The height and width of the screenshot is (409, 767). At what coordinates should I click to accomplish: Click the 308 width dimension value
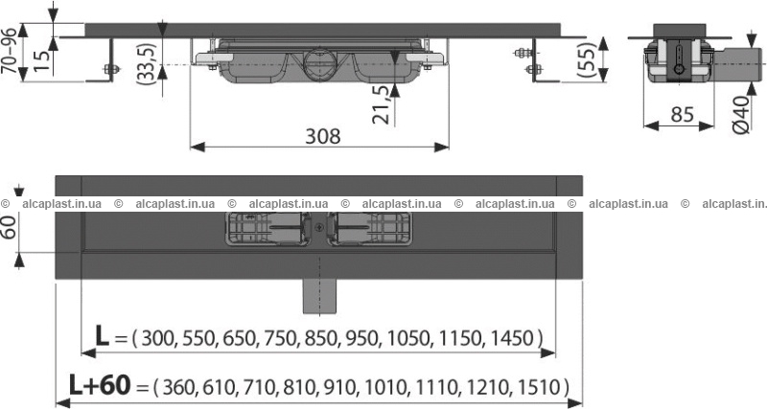(322, 136)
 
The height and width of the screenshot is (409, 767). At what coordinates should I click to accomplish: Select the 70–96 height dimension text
(10, 51)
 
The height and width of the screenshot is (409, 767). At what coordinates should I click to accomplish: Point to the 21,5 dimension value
(382, 104)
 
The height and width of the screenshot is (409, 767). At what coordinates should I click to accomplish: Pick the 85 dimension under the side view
(682, 115)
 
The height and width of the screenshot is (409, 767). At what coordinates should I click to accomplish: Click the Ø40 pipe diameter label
(741, 115)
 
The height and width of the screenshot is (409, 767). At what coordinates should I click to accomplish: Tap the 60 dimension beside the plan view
(9, 227)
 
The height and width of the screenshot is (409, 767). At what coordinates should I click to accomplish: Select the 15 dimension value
(42, 60)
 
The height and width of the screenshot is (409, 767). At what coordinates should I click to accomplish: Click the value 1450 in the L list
(510, 338)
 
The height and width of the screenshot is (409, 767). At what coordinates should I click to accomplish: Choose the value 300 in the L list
(157, 338)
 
